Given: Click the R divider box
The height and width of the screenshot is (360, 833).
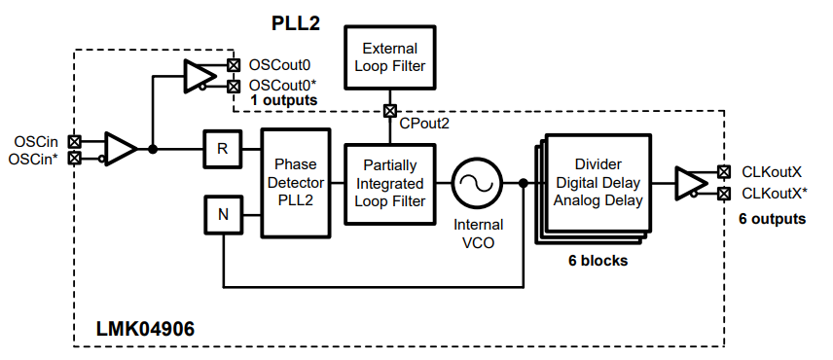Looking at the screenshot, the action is point(222,149).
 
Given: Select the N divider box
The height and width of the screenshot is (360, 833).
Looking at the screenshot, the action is point(223,214).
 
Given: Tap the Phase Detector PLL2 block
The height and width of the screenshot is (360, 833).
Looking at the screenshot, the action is point(296,182).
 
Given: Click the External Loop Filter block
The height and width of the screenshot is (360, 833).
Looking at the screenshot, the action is point(390,56).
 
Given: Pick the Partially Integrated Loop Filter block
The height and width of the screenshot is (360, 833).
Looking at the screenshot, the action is point(390,183).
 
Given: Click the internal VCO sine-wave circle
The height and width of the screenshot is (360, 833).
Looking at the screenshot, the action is point(477,183).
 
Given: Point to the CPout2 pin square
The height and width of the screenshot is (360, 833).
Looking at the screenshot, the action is point(390,111).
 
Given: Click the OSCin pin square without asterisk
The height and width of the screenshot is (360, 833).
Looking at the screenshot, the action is point(75,142).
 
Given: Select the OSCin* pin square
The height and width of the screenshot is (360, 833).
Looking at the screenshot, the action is point(75,158).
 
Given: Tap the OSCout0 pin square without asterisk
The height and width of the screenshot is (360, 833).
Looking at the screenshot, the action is point(233,65).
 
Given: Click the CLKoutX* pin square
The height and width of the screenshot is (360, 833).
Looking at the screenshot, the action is point(723,194).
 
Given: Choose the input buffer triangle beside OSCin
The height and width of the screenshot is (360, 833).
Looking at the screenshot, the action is point(121,149).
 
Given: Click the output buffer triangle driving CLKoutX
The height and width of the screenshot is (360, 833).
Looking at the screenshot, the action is point(691,183).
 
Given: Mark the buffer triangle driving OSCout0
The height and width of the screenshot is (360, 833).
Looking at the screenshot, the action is point(199,76).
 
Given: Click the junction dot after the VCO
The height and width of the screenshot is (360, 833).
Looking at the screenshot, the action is point(523,183).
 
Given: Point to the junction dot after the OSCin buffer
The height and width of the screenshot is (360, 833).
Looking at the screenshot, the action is point(153,149).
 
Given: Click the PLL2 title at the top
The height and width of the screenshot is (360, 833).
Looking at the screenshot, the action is point(296,23).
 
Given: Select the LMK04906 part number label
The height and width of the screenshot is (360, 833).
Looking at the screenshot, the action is point(145,329).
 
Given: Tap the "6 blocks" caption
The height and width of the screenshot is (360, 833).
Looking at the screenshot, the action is point(598,261).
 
